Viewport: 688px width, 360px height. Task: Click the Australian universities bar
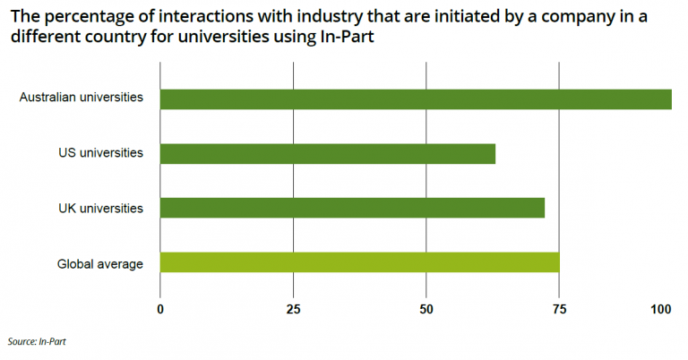(x=416, y=99)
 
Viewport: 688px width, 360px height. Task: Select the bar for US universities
(x=328, y=153)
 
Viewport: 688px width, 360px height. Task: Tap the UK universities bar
(x=352, y=208)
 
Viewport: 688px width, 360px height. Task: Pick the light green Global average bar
(x=359, y=262)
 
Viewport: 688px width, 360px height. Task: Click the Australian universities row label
(x=82, y=98)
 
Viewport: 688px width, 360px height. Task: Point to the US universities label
(x=99, y=153)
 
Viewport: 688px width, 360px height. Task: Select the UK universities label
(x=99, y=208)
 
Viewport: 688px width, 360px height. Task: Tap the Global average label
(x=100, y=263)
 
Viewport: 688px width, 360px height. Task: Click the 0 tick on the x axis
(x=160, y=309)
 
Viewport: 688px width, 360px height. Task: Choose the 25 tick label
(x=293, y=309)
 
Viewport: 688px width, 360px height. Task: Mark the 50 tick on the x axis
(x=426, y=309)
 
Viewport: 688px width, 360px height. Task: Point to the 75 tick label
(x=559, y=309)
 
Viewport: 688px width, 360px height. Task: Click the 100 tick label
(x=661, y=309)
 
